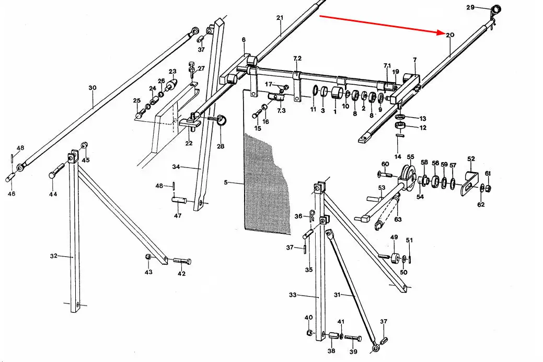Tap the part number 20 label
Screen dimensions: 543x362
[450, 35]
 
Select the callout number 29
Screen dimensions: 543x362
[470, 7]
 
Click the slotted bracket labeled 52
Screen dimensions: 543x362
[470, 184]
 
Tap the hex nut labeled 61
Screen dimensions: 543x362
[488, 188]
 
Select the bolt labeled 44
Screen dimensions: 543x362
[57, 171]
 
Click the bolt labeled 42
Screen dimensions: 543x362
[182, 261]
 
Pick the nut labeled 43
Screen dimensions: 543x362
[148, 256]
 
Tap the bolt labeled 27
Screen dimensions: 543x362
[192, 71]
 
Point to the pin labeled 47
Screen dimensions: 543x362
[179, 200]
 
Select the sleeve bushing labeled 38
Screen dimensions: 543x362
[333, 336]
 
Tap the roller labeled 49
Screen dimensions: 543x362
[395, 258]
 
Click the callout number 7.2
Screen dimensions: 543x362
[297, 58]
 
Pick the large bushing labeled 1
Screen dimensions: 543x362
[338, 93]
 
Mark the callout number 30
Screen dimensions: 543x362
[93, 88]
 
